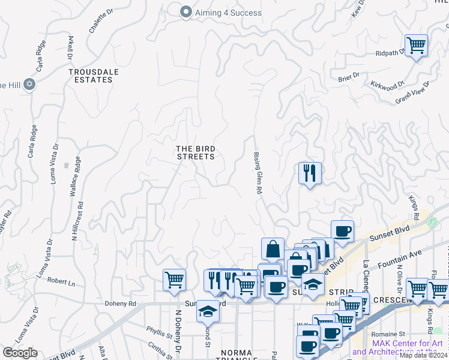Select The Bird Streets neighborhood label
pyautogui.click(x=195, y=152)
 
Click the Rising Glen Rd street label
pyautogui.click(x=258, y=172)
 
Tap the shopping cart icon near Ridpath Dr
pyautogui.click(x=416, y=45)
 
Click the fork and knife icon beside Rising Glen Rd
pyautogui.click(x=310, y=173)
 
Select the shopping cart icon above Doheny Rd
pyautogui.click(x=174, y=280)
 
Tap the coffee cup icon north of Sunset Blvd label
pyautogui.click(x=342, y=232)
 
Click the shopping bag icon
pyautogui.click(x=273, y=249)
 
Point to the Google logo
pyautogui.click(x=20, y=353)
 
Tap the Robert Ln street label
pyautogui.click(x=61, y=281)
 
